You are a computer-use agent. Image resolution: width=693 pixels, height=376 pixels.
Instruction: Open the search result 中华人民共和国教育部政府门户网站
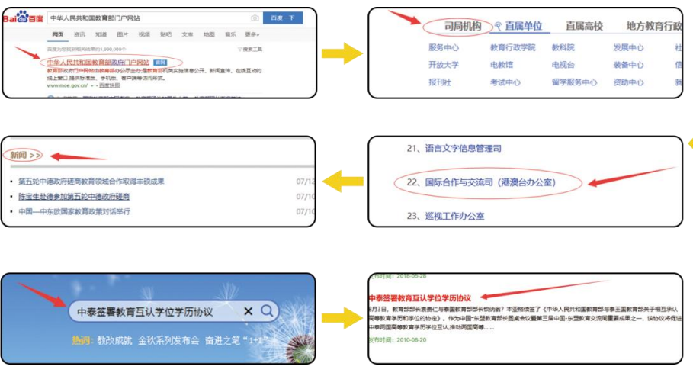pyautogui.click(x=98, y=62)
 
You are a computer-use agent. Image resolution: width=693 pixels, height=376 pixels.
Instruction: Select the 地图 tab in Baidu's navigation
pyautogui.click(x=208, y=35)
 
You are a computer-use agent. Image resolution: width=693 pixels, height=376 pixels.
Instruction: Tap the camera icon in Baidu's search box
pyautogui.click(x=255, y=18)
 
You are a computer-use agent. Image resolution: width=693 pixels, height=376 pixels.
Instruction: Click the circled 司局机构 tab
pyautogui.click(x=463, y=27)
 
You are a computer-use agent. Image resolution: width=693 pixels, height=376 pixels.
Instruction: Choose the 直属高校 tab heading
pyautogui.click(x=584, y=27)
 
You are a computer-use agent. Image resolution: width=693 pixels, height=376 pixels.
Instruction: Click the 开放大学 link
pyautogui.click(x=444, y=65)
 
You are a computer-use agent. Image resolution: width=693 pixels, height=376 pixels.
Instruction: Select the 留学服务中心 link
pyautogui.click(x=575, y=82)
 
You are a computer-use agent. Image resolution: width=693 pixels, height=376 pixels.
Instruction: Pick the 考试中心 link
pyautogui.click(x=505, y=82)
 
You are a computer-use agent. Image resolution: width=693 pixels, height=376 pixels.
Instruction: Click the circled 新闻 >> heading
pyautogui.click(x=26, y=156)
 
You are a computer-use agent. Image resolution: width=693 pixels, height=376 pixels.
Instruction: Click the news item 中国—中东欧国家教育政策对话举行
pyautogui.click(x=74, y=211)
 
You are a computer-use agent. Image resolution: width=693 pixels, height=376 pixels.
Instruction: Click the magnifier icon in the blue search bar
pyautogui.click(x=268, y=311)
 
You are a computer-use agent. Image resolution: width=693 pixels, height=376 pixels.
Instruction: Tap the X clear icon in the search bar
pyautogui.click(x=248, y=312)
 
